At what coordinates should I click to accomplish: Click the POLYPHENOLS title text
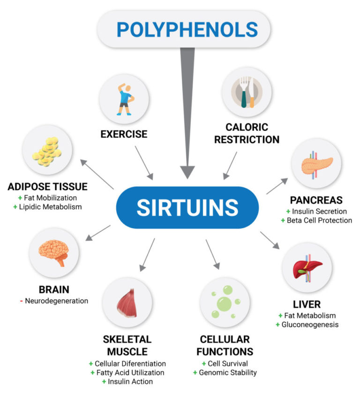click(x=187, y=30)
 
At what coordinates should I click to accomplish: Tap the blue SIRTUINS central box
click(x=187, y=208)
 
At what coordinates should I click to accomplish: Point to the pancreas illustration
click(x=317, y=165)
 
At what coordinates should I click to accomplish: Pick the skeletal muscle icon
click(x=127, y=303)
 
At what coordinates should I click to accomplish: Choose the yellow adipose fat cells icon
click(x=47, y=151)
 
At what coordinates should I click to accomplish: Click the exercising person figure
click(x=125, y=99)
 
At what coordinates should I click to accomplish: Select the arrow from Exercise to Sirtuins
click(x=144, y=163)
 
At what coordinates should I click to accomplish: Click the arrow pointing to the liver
click(x=270, y=241)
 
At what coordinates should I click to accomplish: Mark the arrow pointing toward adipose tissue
click(x=97, y=174)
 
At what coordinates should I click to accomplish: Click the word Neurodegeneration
click(x=57, y=301)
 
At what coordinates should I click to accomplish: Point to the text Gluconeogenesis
click(x=310, y=325)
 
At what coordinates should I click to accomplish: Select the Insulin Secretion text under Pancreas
click(x=319, y=212)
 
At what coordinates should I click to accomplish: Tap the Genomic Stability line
click(x=228, y=373)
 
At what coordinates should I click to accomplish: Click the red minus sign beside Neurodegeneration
click(x=22, y=301)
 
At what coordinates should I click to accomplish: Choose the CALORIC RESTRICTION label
click(x=247, y=133)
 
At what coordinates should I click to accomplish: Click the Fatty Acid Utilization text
click(x=130, y=373)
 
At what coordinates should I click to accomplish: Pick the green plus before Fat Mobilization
click(x=20, y=198)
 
